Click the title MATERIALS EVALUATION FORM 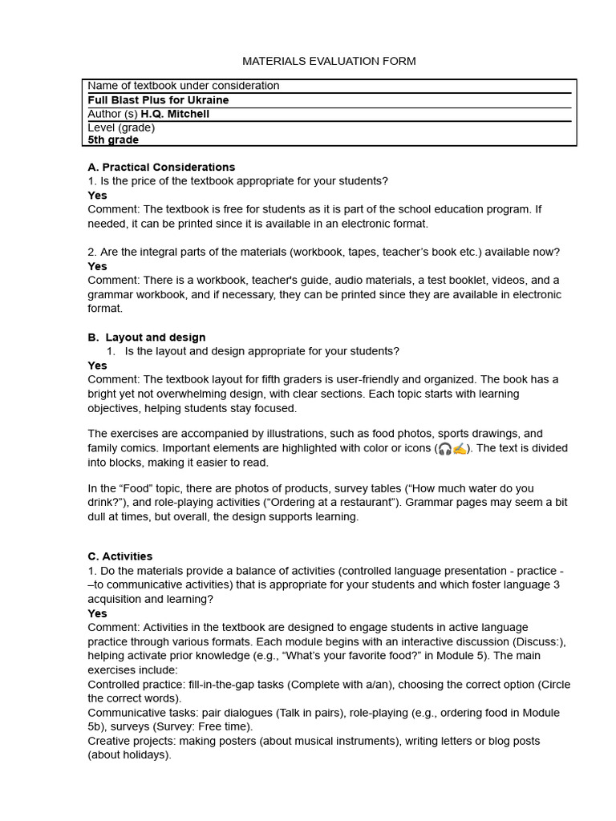[329, 61]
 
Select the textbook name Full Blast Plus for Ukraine [158, 100]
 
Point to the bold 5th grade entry [113, 140]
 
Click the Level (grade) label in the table [121, 127]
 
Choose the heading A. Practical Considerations [161, 167]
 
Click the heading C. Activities [120, 556]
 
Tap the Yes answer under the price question [97, 195]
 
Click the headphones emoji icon [444, 448]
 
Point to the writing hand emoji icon [460, 448]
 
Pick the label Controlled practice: [136, 684]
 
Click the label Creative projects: [132, 741]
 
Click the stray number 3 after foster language [557, 584]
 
